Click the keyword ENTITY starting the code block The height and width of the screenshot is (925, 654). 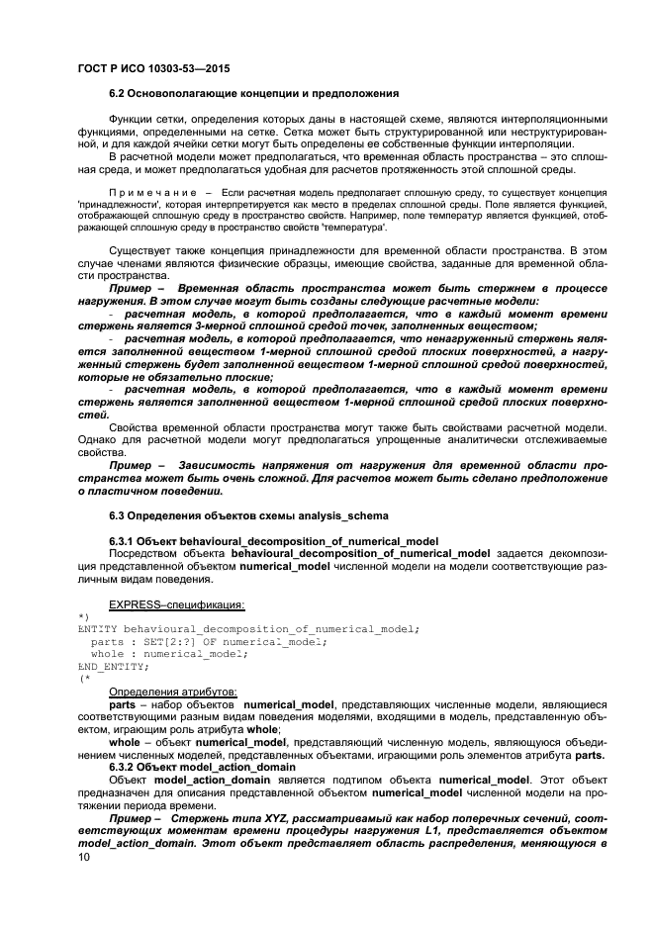click(97, 628)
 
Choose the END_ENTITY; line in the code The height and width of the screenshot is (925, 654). click(110, 666)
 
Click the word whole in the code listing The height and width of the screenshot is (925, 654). click(107, 653)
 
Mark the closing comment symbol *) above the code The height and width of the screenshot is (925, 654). click(82, 616)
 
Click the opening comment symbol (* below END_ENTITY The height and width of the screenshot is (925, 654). click(82, 679)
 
